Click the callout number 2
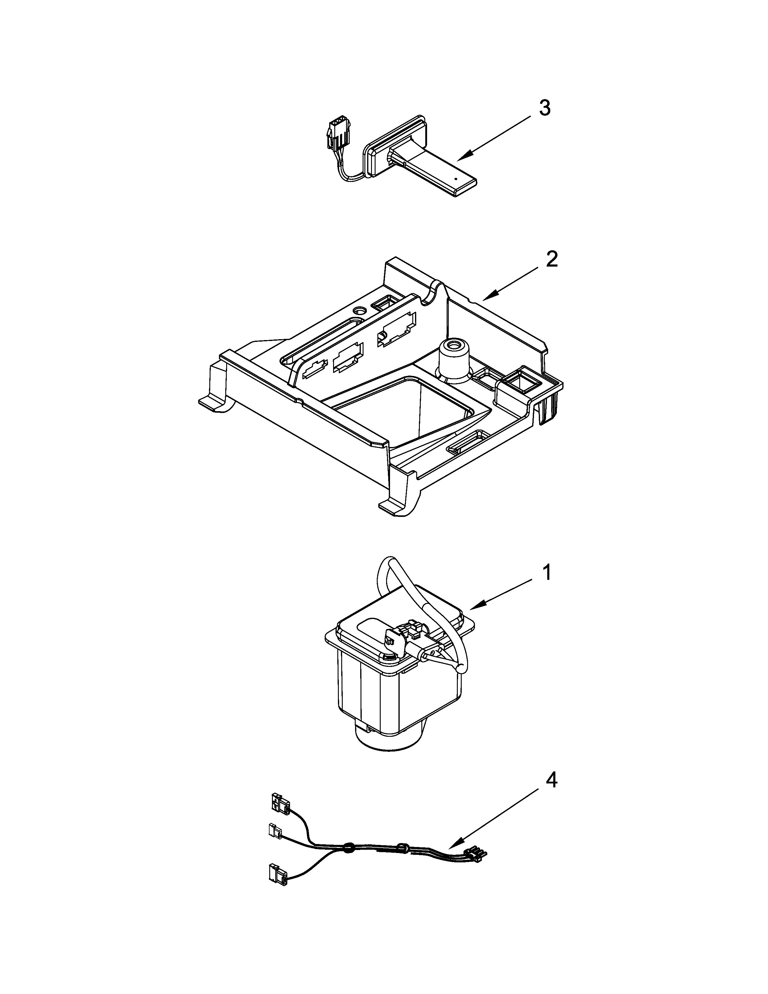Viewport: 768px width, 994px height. (x=551, y=260)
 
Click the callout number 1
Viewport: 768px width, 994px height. (x=547, y=573)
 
